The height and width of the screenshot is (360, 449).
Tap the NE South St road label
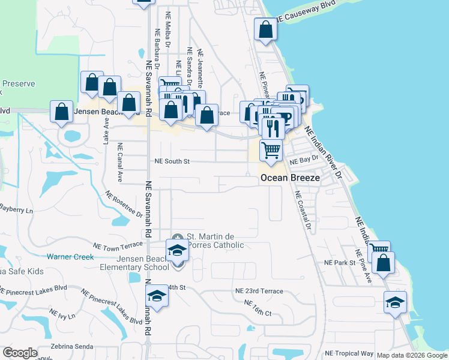(172, 161)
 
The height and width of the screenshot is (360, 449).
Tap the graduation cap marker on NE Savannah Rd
(157, 296)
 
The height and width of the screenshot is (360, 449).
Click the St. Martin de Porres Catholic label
(215, 240)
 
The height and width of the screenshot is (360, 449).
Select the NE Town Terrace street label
(118, 245)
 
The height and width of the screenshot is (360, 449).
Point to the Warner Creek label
(71, 257)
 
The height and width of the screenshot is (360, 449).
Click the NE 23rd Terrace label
(259, 290)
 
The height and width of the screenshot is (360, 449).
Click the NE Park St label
(340, 263)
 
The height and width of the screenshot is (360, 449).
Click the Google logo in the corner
(20, 353)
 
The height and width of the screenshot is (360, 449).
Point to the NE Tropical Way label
(349, 353)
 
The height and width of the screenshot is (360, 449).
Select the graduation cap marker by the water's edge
(395, 302)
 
